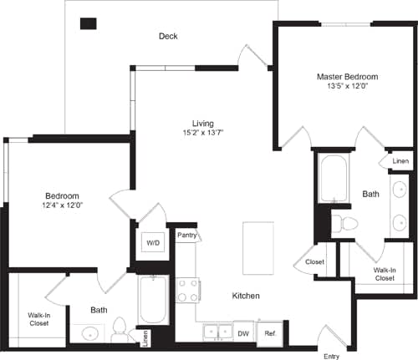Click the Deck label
pos(168,36)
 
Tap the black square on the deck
pos(88,23)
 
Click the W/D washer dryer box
pos(154,243)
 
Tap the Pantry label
pos(188,236)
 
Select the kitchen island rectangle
pos(257,248)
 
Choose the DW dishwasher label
pos(243,332)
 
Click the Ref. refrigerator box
pos(270,332)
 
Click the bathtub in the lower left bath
pos(154,301)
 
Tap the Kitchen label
pos(245,297)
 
